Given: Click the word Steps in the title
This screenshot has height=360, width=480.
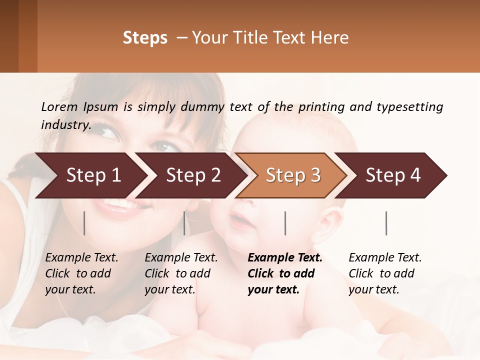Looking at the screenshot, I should [x=145, y=38].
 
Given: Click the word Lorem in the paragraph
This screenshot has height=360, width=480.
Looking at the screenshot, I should [x=59, y=106].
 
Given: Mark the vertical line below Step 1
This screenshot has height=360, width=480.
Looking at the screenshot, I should [x=84, y=223].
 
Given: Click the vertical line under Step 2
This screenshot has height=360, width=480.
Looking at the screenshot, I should [x=184, y=223].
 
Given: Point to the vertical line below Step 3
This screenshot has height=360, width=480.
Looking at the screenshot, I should [x=285, y=223].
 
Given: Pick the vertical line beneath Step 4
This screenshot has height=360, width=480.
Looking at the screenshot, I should [x=386, y=223].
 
